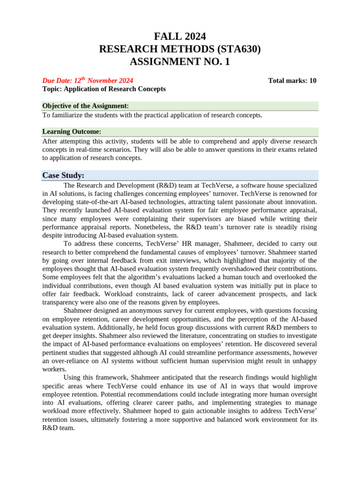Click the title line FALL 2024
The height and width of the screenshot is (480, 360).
coord(180,37)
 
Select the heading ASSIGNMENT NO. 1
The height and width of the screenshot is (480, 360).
coord(180,61)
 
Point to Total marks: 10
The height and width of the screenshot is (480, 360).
coord(292,81)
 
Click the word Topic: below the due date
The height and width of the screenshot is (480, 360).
coord(52,89)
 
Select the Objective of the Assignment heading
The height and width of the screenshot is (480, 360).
coord(85,106)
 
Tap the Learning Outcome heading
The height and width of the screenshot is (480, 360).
coord(71,132)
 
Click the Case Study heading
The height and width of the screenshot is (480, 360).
coord(63,175)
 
